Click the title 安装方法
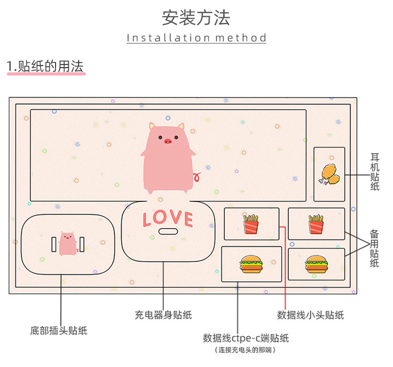pyautogui.click(x=196, y=18)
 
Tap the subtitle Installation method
pyautogui.click(x=196, y=38)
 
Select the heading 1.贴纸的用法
pyautogui.click(x=46, y=67)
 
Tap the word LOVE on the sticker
pyautogui.click(x=168, y=218)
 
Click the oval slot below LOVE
pyautogui.click(x=168, y=232)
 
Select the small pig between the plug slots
pyautogui.click(x=67, y=244)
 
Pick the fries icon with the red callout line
pyautogui.click(x=251, y=224)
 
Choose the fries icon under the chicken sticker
pyautogui.click(x=315, y=224)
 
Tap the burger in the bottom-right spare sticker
pyautogui.click(x=315, y=264)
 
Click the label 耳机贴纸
pyautogui.click(x=375, y=171)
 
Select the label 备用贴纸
pyautogui.click(x=375, y=248)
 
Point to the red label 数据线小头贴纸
pyautogui.click(x=310, y=315)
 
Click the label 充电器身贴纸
pyautogui.click(x=163, y=315)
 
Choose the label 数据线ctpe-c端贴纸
pyautogui.click(x=246, y=338)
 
